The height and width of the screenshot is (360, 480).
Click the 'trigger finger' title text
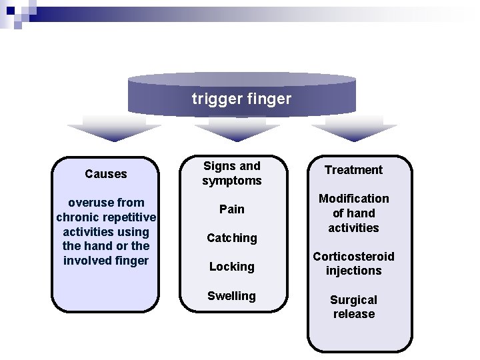coord(241,99)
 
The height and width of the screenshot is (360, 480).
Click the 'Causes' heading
coord(105,174)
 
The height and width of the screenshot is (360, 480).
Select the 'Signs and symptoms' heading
coord(231,173)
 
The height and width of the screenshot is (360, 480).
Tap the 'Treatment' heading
coord(353,170)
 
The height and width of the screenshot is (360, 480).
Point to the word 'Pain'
coord(231,209)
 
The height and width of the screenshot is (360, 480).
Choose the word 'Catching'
coord(231,238)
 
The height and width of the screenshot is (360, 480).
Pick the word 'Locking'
coord(231,267)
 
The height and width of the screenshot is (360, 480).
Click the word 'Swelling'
coord(231,296)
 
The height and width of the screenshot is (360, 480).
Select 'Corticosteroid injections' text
coord(353,263)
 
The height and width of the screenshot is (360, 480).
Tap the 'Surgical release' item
coord(353,307)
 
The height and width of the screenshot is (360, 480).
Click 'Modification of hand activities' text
coord(353,213)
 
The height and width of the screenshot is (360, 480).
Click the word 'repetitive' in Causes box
coord(129,217)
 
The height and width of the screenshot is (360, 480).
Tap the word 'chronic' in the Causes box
coord(77,217)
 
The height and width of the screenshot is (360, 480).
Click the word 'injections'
coord(353,271)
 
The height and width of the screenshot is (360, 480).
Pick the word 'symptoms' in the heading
coord(231,181)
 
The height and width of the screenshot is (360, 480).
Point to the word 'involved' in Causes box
coord(87,261)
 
